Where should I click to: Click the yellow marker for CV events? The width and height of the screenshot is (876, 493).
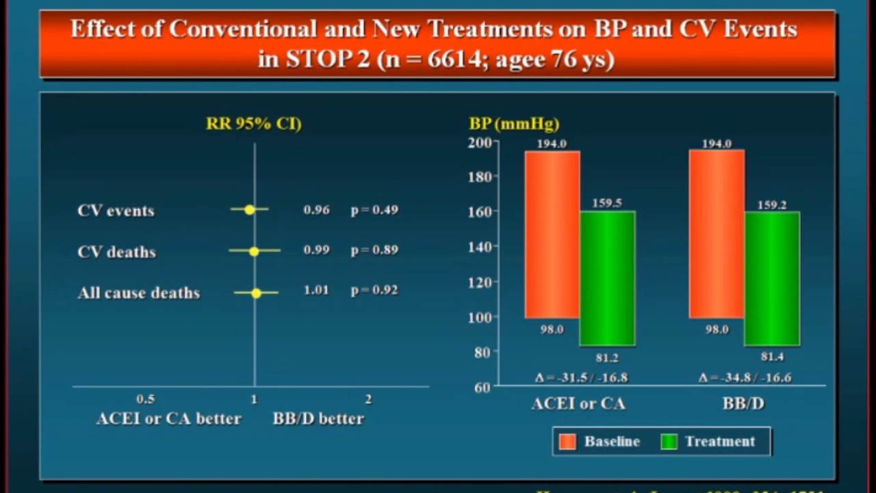249,210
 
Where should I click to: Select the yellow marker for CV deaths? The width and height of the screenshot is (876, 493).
254,251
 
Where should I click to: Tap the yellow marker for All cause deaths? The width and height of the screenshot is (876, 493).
256,293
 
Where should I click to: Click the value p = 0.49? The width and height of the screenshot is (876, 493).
374,210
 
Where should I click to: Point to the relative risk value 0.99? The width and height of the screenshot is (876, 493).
316,250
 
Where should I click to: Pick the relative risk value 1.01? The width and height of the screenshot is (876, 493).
316,290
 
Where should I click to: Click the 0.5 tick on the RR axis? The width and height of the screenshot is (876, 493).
145,399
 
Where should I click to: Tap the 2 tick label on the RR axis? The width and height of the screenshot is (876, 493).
368,399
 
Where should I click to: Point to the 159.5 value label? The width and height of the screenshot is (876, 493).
607,203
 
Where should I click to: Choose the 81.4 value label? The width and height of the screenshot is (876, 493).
772,357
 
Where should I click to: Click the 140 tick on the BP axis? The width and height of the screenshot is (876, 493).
480,246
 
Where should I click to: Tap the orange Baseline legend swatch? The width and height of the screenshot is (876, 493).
568,442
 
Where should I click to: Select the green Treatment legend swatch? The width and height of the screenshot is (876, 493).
669,442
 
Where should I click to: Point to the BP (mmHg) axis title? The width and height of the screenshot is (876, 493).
514,124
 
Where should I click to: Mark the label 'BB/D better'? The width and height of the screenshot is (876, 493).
318,418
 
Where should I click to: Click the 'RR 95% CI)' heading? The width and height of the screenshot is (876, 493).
254,124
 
